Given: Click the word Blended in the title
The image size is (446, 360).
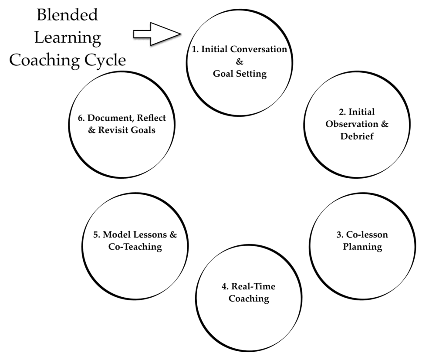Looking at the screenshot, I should click(x=67, y=15).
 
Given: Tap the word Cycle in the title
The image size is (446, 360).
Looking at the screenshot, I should click(x=106, y=60).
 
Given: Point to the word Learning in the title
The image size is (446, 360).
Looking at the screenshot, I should click(x=68, y=37).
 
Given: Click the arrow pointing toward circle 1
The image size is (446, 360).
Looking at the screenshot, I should click(x=157, y=34).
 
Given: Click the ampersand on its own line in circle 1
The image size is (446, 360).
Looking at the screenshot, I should click(x=240, y=61).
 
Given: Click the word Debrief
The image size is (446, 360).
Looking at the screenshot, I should click(x=358, y=136).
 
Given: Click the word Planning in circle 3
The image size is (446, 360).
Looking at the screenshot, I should click(x=362, y=247).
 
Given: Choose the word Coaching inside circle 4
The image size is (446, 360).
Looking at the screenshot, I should click(x=249, y=299).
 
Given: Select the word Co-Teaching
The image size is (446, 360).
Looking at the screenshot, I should click(x=135, y=247).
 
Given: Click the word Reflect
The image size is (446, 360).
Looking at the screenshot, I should click(x=150, y=118).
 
